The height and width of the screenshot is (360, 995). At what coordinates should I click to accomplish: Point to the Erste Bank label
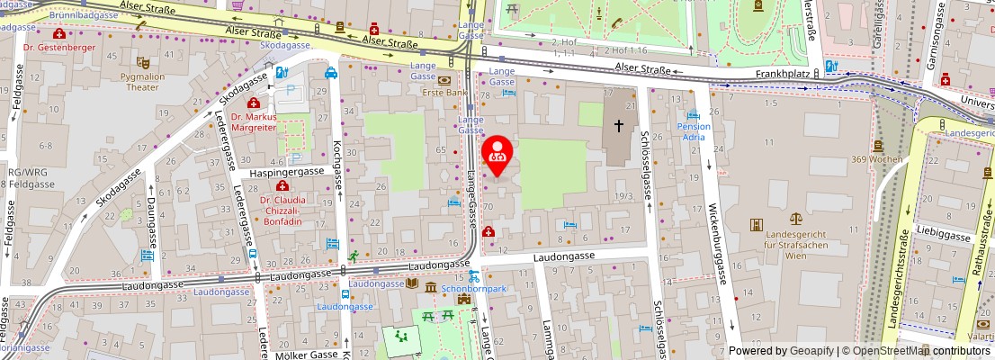[444, 92]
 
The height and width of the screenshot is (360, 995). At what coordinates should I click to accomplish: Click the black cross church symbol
[618, 126]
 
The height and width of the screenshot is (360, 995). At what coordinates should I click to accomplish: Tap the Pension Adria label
[693, 132]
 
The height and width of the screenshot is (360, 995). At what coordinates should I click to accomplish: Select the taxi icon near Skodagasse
[331, 73]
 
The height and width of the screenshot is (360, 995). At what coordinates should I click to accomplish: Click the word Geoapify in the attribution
[811, 351]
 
